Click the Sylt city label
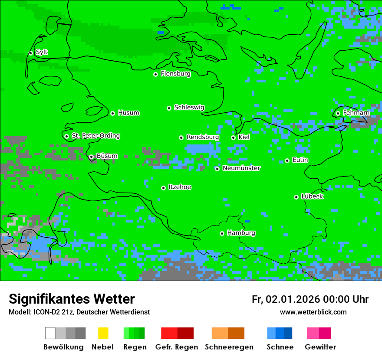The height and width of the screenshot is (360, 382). (x=42, y=52)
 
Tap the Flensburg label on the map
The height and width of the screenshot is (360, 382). (x=175, y=74)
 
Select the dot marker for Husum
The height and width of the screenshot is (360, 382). (x=112, y=113)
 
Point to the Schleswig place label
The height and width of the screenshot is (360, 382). (x=189, y=108)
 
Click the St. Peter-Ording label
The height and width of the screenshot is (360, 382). (x=95, y=136)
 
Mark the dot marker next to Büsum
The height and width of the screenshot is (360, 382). (x=91, y=157)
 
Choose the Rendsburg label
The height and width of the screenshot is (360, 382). (x=202, y=137)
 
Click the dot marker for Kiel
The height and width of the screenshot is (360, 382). (x=233, y=137)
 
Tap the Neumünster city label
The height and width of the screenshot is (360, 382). (x=241, y=168)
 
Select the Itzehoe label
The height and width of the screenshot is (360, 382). (x=180, y=187)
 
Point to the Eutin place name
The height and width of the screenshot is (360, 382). (x=300, y=160)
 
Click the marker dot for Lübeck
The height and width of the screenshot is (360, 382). (x=296, y=197)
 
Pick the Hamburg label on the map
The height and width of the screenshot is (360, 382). (x=241, y=233)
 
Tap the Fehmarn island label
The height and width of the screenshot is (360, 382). (x=356, y=113)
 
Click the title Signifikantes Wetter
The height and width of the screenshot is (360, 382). (x=72, y=299)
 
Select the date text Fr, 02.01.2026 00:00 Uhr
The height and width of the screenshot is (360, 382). (x=310, y=299)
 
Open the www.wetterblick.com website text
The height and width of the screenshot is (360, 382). (x=313, y=312)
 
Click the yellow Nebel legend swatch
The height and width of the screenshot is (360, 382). (x=103, y=333)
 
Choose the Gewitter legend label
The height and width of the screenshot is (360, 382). (x=320, y=347)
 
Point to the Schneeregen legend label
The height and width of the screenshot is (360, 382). (x=229, y=347)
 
